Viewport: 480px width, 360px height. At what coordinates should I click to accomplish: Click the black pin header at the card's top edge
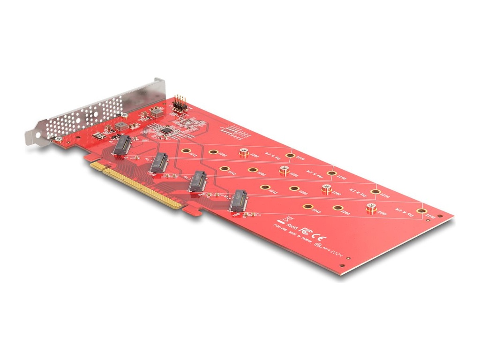click(180, 104)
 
